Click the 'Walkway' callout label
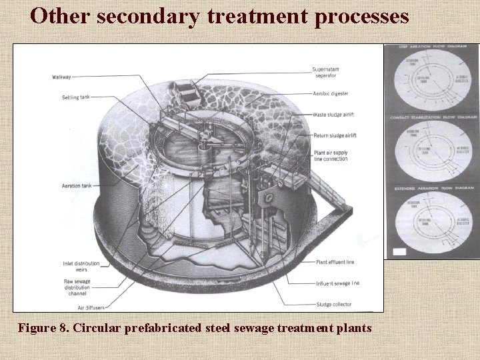(x=61, y=77)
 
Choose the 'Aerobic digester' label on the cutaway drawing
(x=329, y=95)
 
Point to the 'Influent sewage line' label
(x=338, y=283)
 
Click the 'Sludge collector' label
(x=333, y=304)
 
